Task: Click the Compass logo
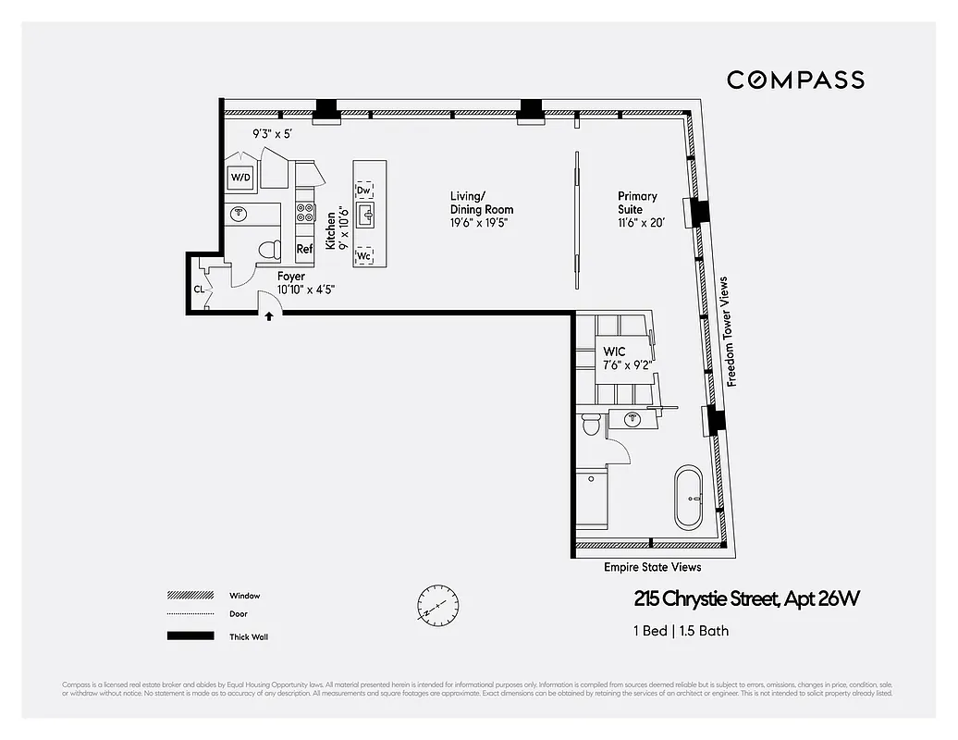pos(795,80)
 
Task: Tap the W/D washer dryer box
pos(240,177)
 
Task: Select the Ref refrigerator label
pos(304,249)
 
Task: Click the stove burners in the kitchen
pos(304,213)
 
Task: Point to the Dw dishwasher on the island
pos(364,191)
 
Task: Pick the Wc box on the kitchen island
pos(364,255)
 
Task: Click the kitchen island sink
pos(367,217)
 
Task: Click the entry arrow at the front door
pos(269,316)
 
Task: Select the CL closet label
pos(199,289)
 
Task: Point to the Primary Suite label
pos(637,203)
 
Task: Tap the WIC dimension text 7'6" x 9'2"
pos(628,364)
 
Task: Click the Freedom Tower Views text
pos(730,331)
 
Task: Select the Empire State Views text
pos(652,567)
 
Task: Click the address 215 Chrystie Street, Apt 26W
pos(747,599)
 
